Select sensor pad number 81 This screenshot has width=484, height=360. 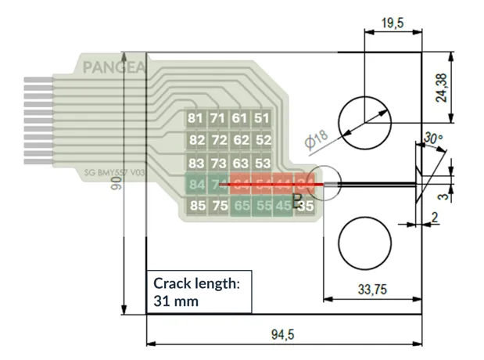[196, 118]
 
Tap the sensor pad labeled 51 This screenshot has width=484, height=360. [262, 118]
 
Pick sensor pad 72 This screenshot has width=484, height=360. [219, 140]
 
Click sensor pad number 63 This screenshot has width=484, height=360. [241, 163]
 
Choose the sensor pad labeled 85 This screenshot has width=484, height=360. [197, 207]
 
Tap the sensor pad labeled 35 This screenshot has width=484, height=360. [306, 207]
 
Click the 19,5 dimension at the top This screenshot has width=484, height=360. [392, 23]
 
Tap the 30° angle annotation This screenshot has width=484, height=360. [432, 137]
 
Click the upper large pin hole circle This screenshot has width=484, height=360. [364, 121]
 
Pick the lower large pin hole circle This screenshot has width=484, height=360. [364, 243]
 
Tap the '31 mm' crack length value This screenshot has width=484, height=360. [175, 301]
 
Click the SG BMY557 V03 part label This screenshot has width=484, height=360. [115, 173]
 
